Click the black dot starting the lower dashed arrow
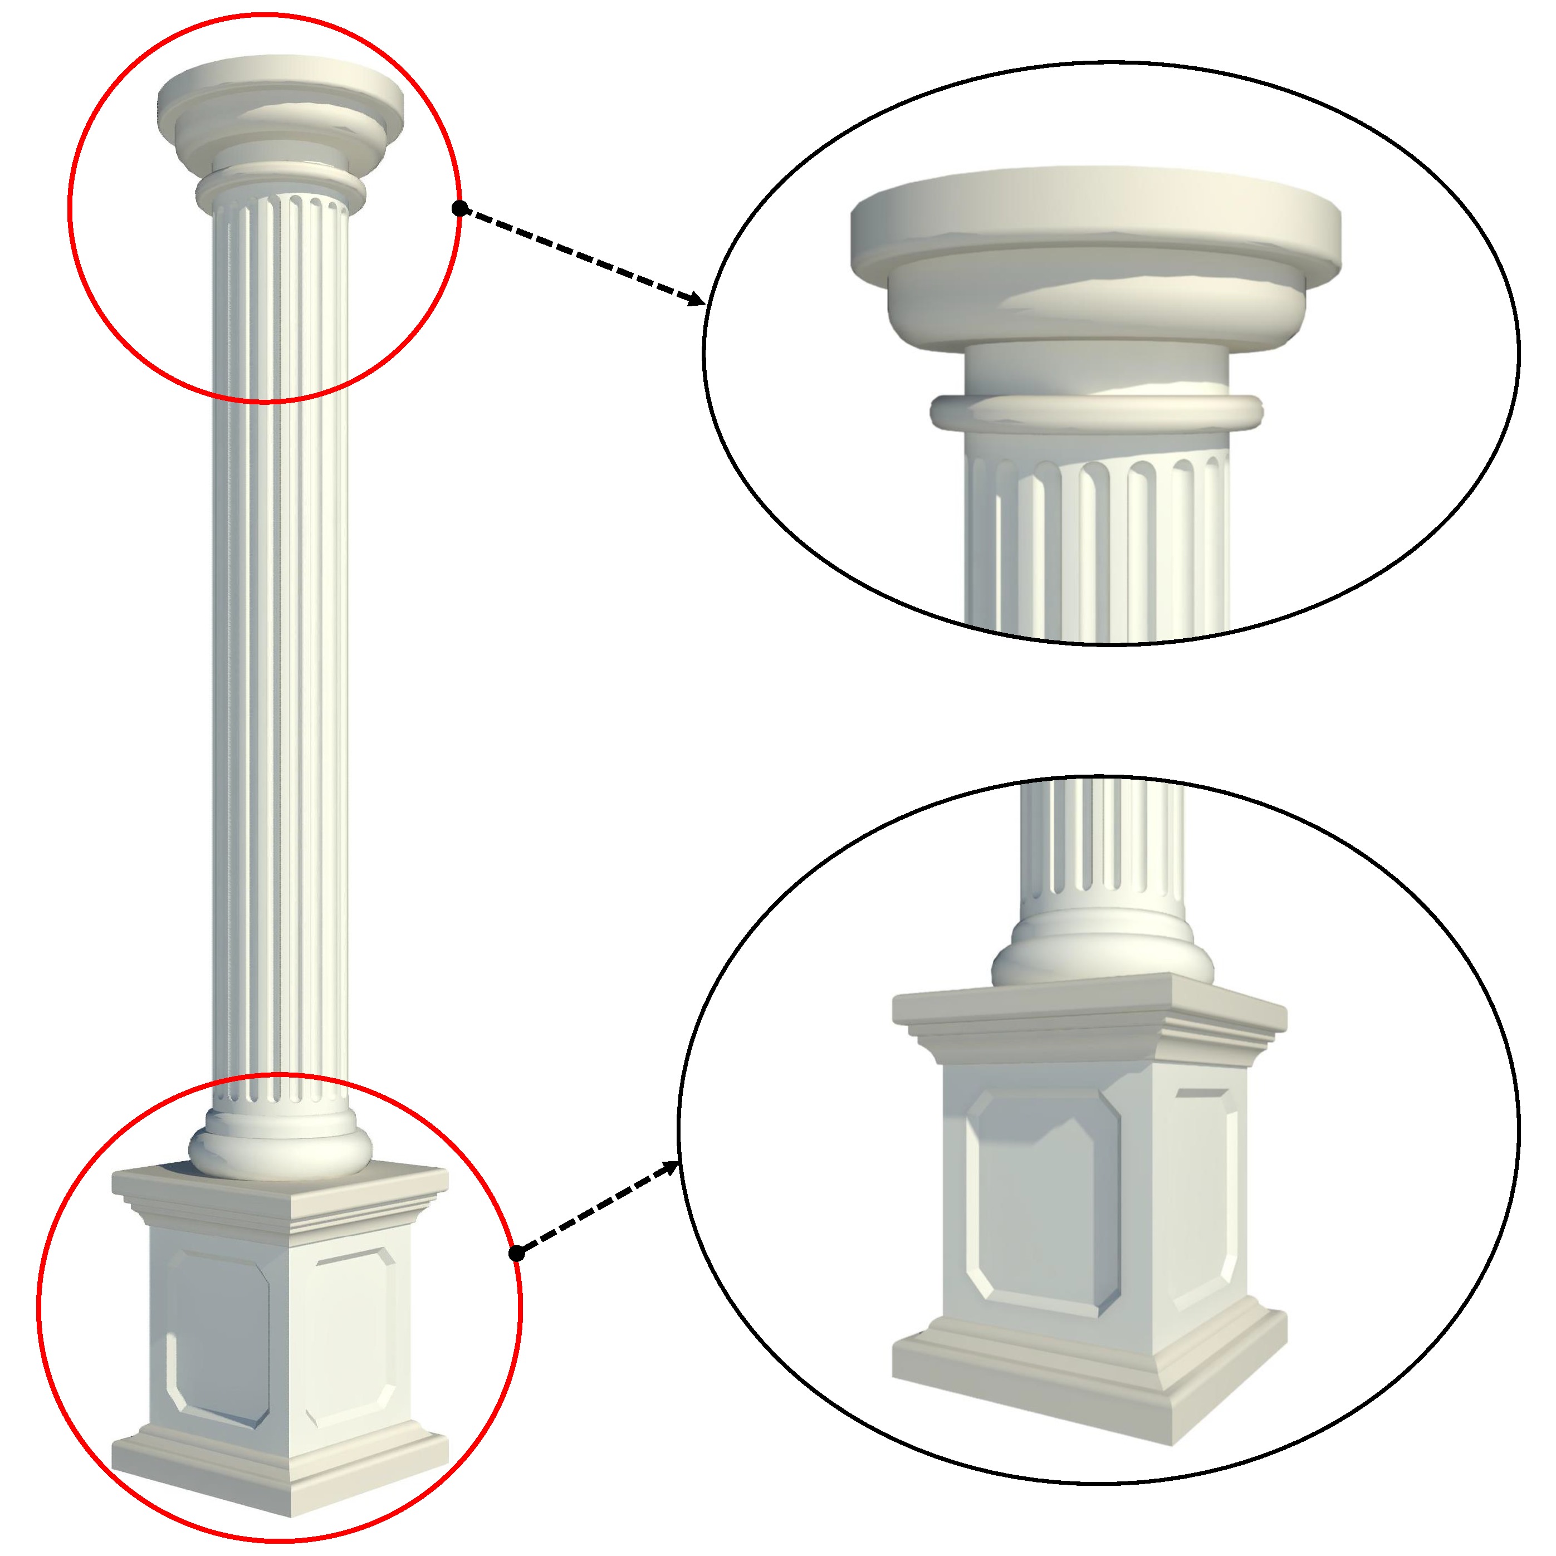click(x=517, y=1253)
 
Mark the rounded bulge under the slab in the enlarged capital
click(x=1095, y=310)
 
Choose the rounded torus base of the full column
click(x=280, y=1153)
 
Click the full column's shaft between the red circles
click(x=280, y=725)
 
